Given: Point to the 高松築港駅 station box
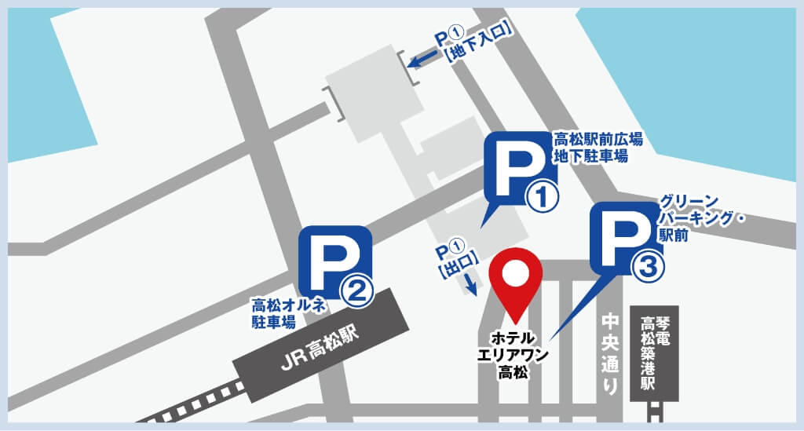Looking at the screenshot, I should pyautogui.click(x=654, y=352).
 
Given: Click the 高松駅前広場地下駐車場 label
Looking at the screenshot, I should pyautogui.click(x=599, y=148).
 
